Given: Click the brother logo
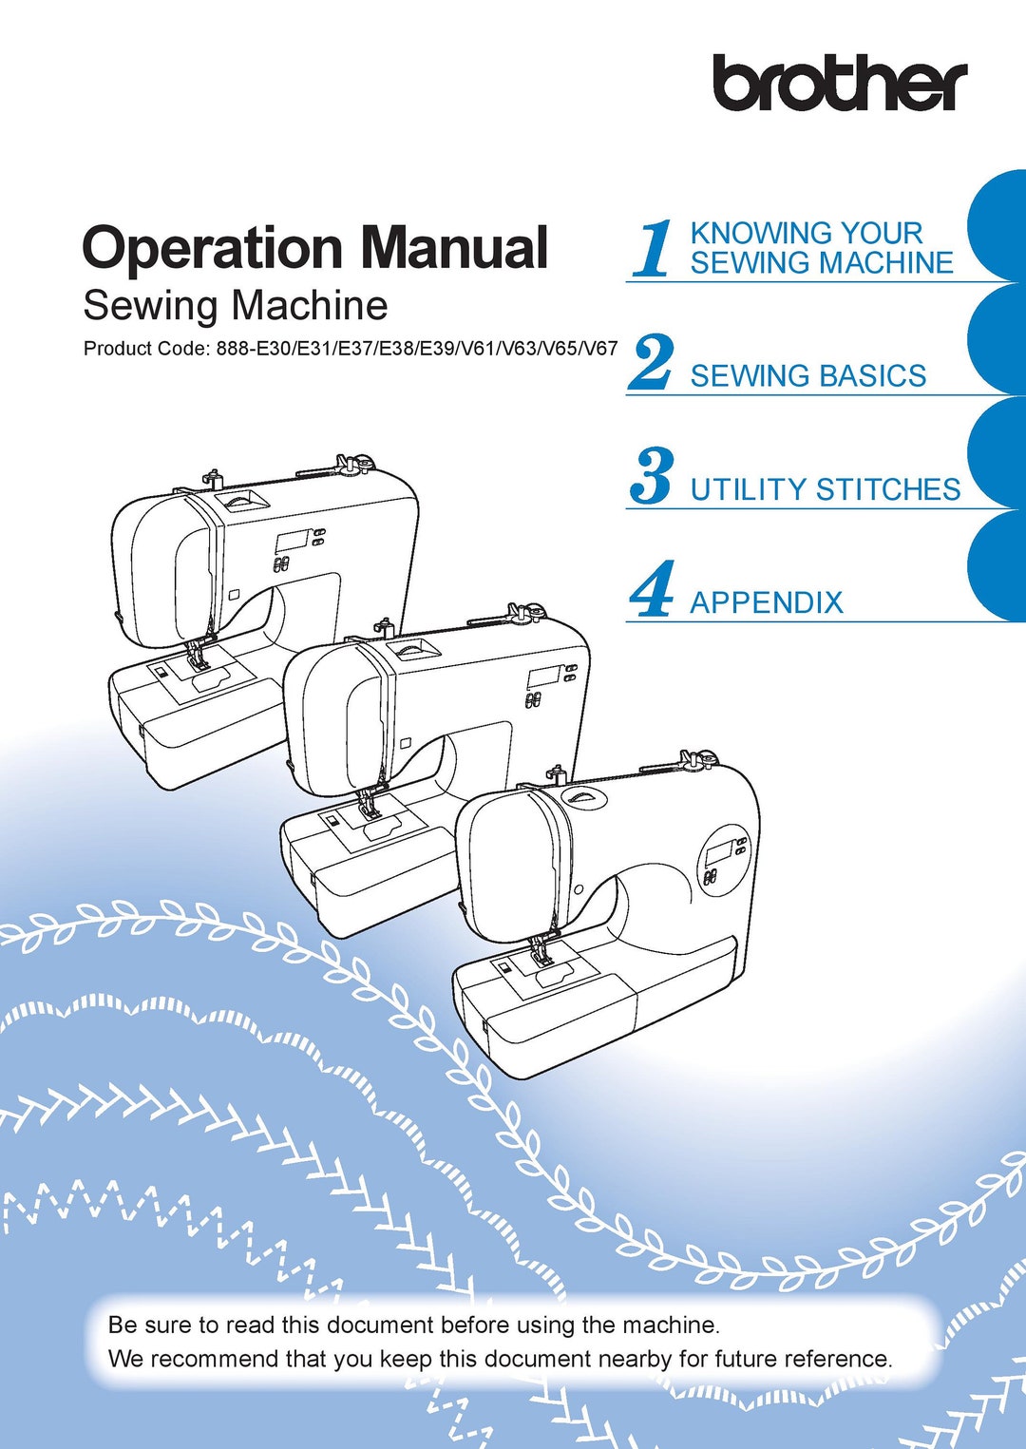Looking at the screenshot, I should coord(840,83).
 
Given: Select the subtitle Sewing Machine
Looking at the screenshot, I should coord(235,306).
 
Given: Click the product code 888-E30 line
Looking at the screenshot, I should coord(350,349).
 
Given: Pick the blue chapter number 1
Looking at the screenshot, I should coord(653,250).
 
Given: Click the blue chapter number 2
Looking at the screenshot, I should coord(652,363).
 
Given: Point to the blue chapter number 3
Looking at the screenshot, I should coord(652,477).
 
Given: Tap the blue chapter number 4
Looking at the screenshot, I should coord(652,590).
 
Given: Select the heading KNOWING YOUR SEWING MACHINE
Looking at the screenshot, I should coord(821,248).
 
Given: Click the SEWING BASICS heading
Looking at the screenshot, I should coord(807,376).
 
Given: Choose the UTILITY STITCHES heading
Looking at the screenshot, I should coord(825,489).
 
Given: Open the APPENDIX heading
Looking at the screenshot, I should coord(766,602).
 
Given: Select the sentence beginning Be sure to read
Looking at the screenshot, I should coord(413,1325).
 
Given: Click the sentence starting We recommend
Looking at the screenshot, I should coord(500,1359).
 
